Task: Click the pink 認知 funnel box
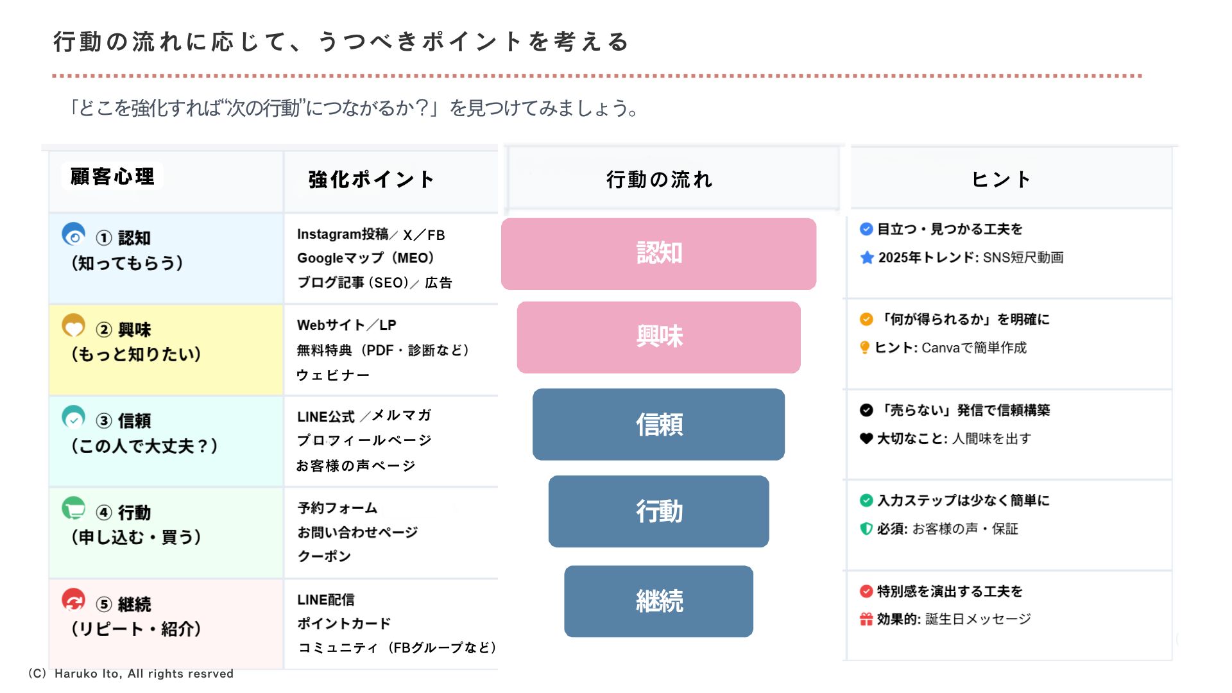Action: coord(658,253)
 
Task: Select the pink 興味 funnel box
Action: coord(658,338)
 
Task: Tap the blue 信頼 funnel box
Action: coord(658,424)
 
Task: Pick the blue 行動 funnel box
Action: coord(658,511)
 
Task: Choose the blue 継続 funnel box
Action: coord(658,601)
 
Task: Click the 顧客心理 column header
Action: coord(112,176)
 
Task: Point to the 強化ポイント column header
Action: coord(371,180)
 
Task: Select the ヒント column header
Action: coord(1001,180)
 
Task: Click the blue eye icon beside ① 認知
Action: coord(74,235)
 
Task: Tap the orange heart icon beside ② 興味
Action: coord(74,326)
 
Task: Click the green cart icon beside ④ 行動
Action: coord(74,509)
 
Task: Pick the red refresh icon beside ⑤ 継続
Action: coord(74,601)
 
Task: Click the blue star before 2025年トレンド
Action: coord(867,258)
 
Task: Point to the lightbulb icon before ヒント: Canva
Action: coord(865,348)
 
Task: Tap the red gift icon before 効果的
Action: coord(866,619)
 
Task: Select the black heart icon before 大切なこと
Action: coord(866,439)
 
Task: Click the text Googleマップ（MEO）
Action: coord(366,258)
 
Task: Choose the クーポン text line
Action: coord(324,556)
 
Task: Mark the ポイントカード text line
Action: coord(344,624)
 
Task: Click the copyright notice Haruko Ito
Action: coord(130,674)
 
